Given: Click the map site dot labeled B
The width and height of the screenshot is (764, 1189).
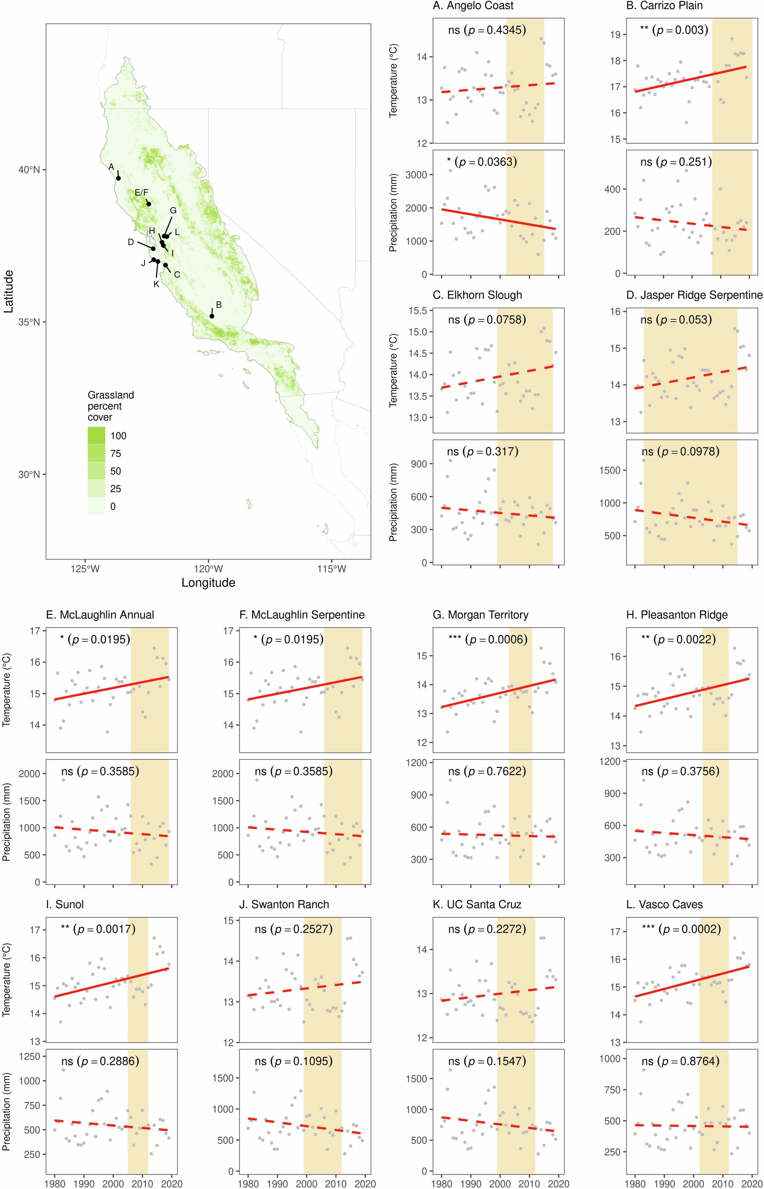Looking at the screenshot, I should click(212, 316).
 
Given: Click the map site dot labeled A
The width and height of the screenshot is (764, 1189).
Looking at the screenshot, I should click(118, 178).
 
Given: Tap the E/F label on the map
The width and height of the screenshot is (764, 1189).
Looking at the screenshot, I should click(141, 193).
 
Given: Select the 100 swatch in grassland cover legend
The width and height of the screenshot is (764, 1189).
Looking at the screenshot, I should click(96, 435).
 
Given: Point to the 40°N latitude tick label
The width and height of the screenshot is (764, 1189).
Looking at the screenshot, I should click(29, 169).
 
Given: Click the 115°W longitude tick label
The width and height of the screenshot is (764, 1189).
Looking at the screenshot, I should click(331, 569).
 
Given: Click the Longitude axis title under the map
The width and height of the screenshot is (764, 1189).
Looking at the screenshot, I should click(208, 582).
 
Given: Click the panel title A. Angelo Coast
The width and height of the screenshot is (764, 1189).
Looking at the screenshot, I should click(473, 6).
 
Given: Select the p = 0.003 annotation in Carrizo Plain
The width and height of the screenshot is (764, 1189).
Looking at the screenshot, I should click(680, 30).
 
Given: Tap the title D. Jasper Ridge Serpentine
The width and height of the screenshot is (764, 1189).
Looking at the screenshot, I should click(701, 295).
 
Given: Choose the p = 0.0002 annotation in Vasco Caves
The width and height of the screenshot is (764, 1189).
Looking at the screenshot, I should click(689, 929).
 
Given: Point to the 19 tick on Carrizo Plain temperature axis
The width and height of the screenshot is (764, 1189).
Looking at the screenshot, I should click(615, 34).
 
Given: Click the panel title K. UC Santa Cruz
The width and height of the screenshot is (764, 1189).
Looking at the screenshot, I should click(477, 905).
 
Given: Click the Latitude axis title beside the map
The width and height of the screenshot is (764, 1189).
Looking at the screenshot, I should click(8, 291).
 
